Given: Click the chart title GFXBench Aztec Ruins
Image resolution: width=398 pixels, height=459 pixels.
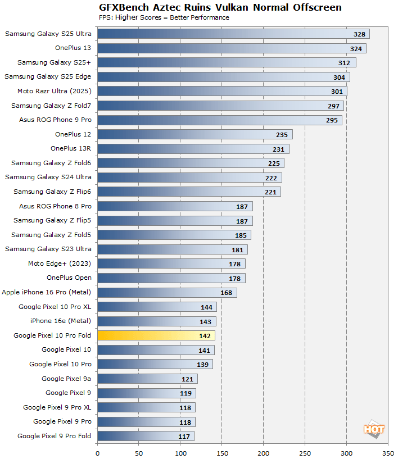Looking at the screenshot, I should coord(220,7).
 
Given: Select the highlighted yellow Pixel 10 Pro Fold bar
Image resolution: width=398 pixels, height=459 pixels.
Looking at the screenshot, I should coord(156,336).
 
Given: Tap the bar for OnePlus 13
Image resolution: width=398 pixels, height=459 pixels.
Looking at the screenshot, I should coord(232,48).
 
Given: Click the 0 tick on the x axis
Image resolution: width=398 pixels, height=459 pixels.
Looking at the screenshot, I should coord(98,452).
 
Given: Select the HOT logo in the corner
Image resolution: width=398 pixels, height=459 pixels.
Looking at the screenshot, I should coord(374,429).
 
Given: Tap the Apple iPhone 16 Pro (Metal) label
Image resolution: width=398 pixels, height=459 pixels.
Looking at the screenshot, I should coord(47,292).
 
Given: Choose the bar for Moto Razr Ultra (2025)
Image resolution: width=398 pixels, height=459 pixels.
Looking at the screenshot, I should coord(222,91).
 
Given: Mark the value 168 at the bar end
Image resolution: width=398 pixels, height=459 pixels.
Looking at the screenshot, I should coord(227,293).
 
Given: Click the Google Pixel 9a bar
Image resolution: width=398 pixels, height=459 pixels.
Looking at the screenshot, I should coord(147,379).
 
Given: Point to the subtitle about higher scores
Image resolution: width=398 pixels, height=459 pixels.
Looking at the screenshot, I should coord(163,17).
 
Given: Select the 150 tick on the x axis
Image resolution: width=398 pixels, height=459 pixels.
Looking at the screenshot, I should coord(222,452).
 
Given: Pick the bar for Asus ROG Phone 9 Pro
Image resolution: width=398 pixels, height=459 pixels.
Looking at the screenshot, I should coord(220,120).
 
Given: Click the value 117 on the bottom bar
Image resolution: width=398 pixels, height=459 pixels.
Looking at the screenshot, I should coord(184,436).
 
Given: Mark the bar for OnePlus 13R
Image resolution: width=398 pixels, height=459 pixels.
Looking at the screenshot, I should coord(193,149).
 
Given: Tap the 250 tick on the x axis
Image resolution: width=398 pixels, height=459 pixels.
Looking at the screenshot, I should coord(305,452).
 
